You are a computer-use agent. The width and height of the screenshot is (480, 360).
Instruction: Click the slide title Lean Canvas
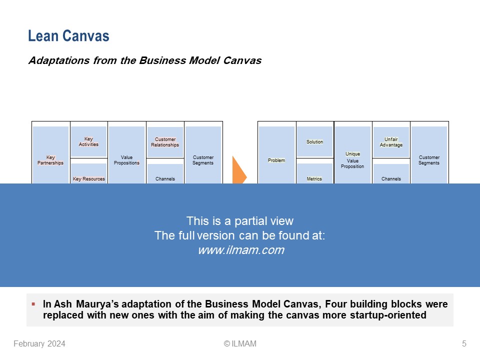pos(68,36)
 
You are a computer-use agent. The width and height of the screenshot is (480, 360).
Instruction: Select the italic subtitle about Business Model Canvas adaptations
pos(145,61)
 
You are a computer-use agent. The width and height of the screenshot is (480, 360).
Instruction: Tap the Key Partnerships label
pos(50,160)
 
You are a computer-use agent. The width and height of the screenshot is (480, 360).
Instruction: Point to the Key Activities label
pos(88,141)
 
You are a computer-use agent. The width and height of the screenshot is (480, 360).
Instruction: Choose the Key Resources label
pos(89,178)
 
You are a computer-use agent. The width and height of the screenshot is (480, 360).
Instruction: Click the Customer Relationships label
pos(165,142)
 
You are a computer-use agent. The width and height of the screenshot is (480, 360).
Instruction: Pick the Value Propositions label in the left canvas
pos(127,160)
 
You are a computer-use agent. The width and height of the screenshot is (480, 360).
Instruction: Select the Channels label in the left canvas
pos(165,178)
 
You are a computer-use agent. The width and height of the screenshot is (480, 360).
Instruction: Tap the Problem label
pos(276,160)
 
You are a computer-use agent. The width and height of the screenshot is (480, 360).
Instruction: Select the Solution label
pos(315,141)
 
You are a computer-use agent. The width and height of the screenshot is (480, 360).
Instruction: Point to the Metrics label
pos(314,178)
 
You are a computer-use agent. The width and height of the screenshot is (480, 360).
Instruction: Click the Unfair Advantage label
pos(391,142)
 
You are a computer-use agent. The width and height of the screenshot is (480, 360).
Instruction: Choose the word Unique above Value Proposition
pos(352,153)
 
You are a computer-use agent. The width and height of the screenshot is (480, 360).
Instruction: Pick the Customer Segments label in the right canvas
pos(429,160)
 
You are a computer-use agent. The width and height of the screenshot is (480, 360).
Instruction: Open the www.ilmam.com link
pos(240,250)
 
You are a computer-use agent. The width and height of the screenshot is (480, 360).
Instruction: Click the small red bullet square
pos(33,303)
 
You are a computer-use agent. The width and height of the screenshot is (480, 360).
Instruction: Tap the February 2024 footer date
pos(39,343)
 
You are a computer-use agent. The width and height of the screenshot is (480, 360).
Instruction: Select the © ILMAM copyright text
pos(240,343)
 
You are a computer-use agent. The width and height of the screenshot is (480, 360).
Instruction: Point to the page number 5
pos(464,343)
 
